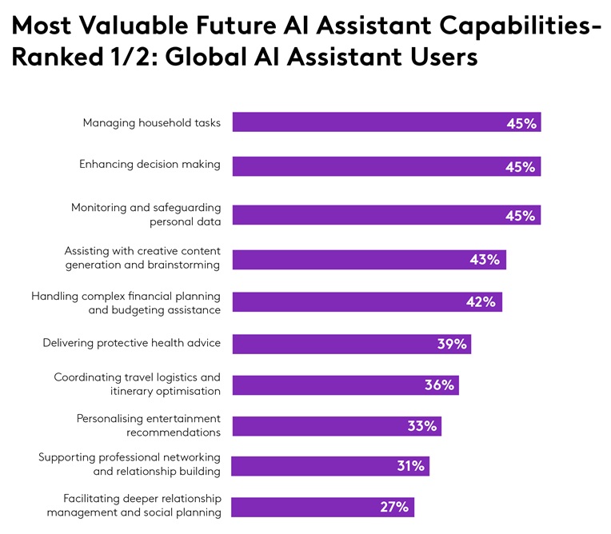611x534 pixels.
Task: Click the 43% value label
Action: click(x=484, y=260)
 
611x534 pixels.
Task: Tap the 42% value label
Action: click(x=481, y=302)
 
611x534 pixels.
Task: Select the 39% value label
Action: click(x=452, y=344)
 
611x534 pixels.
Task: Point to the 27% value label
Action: click(x=393, y=507)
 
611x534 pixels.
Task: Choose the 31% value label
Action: click(x=410, y=466)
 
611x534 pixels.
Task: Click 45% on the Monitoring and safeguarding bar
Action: click(x=521, y=215)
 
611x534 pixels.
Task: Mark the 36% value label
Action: click(x=439, y=385)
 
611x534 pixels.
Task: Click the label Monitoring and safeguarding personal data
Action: click(x=146, y=215)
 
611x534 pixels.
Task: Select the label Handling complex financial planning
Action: click(x=126, y=303)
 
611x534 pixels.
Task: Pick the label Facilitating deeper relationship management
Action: click(x=134, y=505)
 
